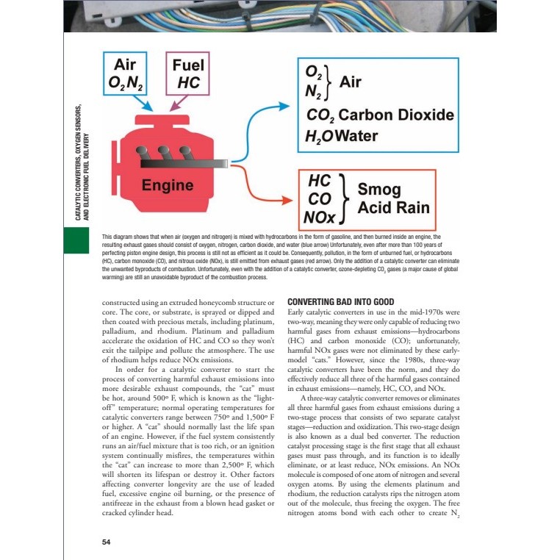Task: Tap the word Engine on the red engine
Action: coord(168,185)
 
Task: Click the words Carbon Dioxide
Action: coord(397,115)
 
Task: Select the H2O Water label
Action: coord(341,136)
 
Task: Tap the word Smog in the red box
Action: coord(379,190)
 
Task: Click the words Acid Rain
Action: coord(393,208)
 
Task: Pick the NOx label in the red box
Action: coord(320,218)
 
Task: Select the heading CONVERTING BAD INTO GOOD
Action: coord(341,302)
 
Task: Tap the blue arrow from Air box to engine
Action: coord(146,104)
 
